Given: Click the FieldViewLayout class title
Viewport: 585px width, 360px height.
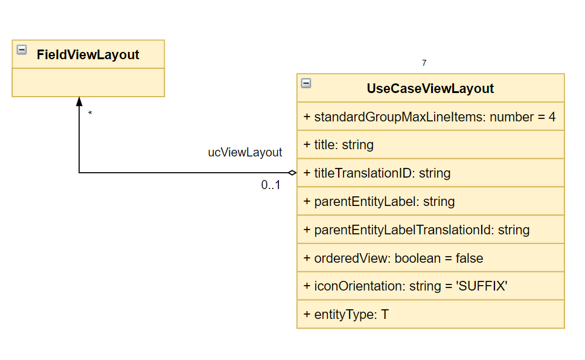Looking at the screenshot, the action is tap(88, 55).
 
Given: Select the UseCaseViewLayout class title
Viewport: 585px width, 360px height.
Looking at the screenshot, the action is tap(430, 89).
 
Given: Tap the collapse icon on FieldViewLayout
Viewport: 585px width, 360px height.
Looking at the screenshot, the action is tap(22, 50).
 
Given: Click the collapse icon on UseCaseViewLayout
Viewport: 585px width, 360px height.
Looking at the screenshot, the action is tap(306, 83).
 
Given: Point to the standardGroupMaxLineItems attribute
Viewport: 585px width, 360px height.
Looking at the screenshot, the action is tap(429, 117).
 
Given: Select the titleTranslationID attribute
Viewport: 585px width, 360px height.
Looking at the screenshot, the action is tap(377, 173).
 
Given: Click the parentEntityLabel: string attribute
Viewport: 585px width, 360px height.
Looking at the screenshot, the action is tap(379, 202).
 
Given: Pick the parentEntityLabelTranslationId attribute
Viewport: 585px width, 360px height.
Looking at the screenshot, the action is tap(417, 230).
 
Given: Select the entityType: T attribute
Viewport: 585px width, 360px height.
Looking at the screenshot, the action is tap(346, 315).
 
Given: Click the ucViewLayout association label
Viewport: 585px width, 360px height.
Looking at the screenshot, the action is tap(245, 152).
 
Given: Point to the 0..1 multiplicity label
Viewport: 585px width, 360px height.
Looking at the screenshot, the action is tap(270, 185).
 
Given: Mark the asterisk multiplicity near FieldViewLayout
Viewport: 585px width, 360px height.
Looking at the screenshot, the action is tap(90, 113).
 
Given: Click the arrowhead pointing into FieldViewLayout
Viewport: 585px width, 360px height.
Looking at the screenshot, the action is tap(79, 101).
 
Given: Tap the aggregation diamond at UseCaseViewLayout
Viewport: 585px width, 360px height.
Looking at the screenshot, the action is tap(292, 173).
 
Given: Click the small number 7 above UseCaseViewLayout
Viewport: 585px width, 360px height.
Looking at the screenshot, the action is tap(424, 63).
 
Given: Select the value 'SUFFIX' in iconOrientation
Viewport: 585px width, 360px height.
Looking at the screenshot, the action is tap(482, 286).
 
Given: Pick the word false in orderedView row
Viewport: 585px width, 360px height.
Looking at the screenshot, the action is tap(469, 259).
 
